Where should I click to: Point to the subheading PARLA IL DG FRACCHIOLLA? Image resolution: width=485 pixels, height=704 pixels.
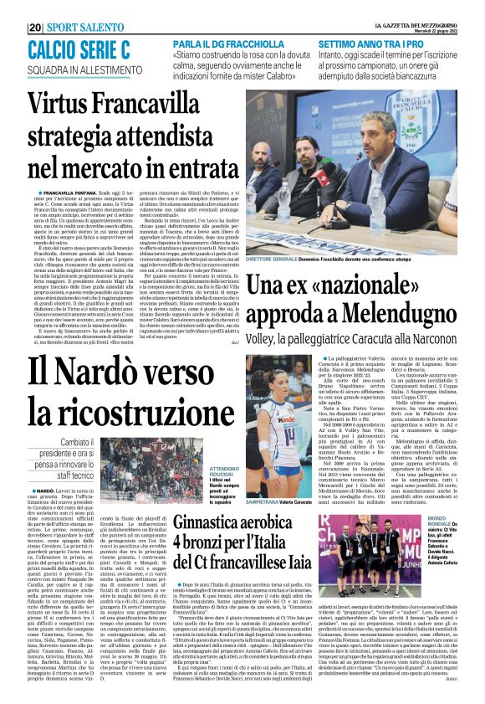pyautogui.click(x=225, y=42)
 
